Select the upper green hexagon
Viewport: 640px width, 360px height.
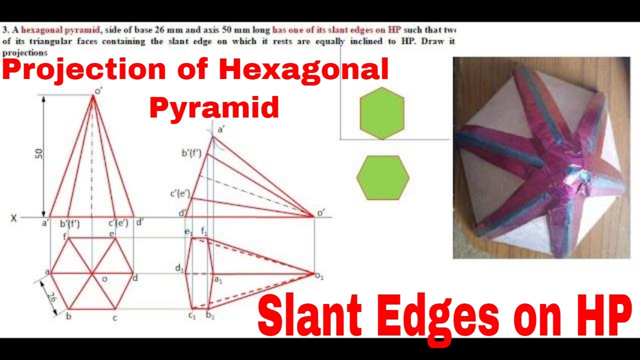(381, 113)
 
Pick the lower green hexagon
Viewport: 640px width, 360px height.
(383, 177)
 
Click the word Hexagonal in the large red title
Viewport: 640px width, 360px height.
(303, 69)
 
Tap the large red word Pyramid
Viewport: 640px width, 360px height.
(214, 106)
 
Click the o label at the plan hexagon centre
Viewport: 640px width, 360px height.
(104, 279)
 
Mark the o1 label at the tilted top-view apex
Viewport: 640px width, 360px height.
(319, 275)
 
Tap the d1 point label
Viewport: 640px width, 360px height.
(178, 268)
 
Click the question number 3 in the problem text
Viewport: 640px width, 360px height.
(4, 29)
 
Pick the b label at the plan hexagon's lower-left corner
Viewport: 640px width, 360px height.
(69, 316)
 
